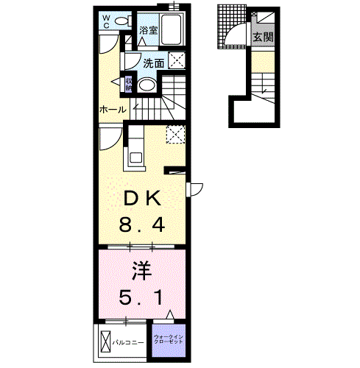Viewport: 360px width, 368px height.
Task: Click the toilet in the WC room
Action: tap(123, 21)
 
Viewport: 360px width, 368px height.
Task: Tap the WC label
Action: tap(106, 22)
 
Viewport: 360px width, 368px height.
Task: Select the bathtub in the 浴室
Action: tap(172, 29)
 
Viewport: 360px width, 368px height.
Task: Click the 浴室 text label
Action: tap(148, 30)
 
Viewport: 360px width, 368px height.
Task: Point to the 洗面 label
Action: tap(154, 63)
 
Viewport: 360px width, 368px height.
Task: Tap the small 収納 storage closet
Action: tap(129, 84)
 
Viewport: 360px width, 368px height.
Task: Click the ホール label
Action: tap(113, 110)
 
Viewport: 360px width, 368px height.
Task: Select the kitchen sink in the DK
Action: tap(135, 157)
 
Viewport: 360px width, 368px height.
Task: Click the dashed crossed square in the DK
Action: tap(175, 134)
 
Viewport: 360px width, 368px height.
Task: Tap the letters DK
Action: tap(142, 198)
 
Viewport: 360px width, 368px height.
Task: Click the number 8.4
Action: tap(142, 225)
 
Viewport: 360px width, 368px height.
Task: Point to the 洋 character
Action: tap(142, 271)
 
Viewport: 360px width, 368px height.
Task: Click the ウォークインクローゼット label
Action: tap(169, 339)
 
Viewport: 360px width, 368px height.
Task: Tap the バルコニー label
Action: tap(128, 342)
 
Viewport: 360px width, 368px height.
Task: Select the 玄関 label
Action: tap(263, 38)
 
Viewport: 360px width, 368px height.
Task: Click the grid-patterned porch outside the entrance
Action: tap(232, 26)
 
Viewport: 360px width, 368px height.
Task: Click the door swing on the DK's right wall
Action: tap(195, 189)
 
